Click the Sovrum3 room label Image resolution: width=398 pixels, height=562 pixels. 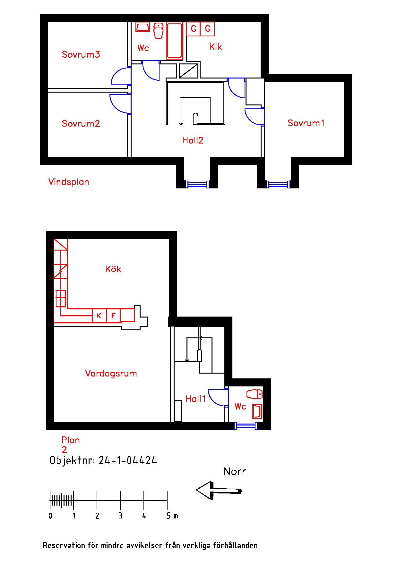tap(81, 54)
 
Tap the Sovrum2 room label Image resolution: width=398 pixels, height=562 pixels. tap(81, 124)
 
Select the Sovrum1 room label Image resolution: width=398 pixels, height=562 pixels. tap(306, 123)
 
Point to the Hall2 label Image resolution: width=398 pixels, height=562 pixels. tap(193, 140)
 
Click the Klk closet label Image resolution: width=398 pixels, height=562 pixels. tap(216, 47)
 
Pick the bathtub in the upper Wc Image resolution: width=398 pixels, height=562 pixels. tap(175, 41)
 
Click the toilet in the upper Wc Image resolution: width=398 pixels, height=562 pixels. tap(158, 31)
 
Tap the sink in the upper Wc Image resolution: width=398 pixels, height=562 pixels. tap(143, 27)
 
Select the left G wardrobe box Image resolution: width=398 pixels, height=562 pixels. tap(193, 29)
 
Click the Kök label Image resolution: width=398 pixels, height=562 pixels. tap(113, 269)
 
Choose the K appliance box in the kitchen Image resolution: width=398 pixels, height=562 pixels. tap(99, 316)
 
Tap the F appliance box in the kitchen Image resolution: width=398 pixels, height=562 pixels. tap(113, 316)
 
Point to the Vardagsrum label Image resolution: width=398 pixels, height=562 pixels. tap(111, 374)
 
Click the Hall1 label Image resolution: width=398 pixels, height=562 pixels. tap(195, 399)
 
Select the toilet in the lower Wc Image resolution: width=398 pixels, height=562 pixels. tap(255, 394)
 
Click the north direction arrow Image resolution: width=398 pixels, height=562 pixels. tap(219, 490)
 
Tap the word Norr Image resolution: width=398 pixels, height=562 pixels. tap(235, 472)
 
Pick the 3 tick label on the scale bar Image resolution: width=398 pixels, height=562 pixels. tap(121, 516)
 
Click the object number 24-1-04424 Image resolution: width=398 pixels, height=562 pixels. tap(128, 461)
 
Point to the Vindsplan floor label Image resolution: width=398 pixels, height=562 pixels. tap(69, 182)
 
